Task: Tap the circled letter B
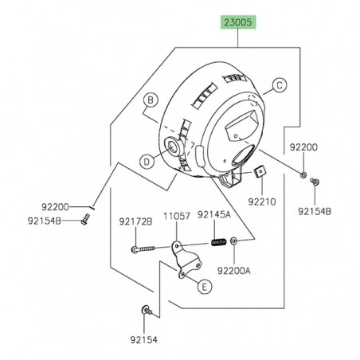[148, 100]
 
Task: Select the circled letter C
[279, 84]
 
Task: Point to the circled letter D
[147, 160]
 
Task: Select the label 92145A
[213, 215]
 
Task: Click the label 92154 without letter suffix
[145, 338]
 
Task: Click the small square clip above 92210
[259, 174]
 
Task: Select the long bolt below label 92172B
[151, 249]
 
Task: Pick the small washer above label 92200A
[235, 242]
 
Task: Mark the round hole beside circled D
[170, 146]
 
